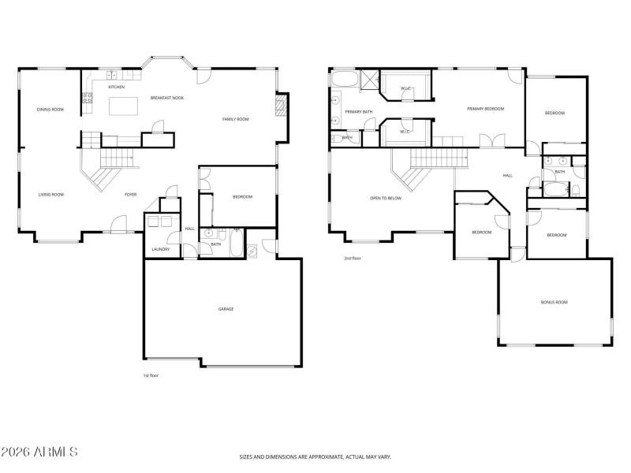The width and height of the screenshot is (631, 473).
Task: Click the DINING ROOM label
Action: (50, 110)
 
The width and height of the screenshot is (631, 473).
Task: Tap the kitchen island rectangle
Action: (118, 104)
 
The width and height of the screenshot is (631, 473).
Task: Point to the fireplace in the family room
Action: (279, 106)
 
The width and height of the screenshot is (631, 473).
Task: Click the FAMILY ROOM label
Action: (235, 119)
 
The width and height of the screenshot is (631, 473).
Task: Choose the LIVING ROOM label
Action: (51, 194)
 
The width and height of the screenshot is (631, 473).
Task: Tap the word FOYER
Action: (131, 194)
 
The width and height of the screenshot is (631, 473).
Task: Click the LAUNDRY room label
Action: (161, 250)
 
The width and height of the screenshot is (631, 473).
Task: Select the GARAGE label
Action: (226, 308)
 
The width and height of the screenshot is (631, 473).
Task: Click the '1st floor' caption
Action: (151, 375)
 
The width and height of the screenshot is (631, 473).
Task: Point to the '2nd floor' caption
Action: (353, 258)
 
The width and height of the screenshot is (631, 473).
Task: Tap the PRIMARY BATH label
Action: (359, 112)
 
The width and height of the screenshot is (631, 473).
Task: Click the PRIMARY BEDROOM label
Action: (485, 109)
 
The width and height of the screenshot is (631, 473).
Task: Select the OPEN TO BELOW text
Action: (386, 198)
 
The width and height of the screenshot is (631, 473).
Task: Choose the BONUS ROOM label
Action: (554, 302)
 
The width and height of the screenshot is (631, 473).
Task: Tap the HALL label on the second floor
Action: (507, 175)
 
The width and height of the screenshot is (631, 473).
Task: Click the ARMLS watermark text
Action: (39, 452)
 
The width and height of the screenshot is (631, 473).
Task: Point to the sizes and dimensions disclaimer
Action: (315, 456)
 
